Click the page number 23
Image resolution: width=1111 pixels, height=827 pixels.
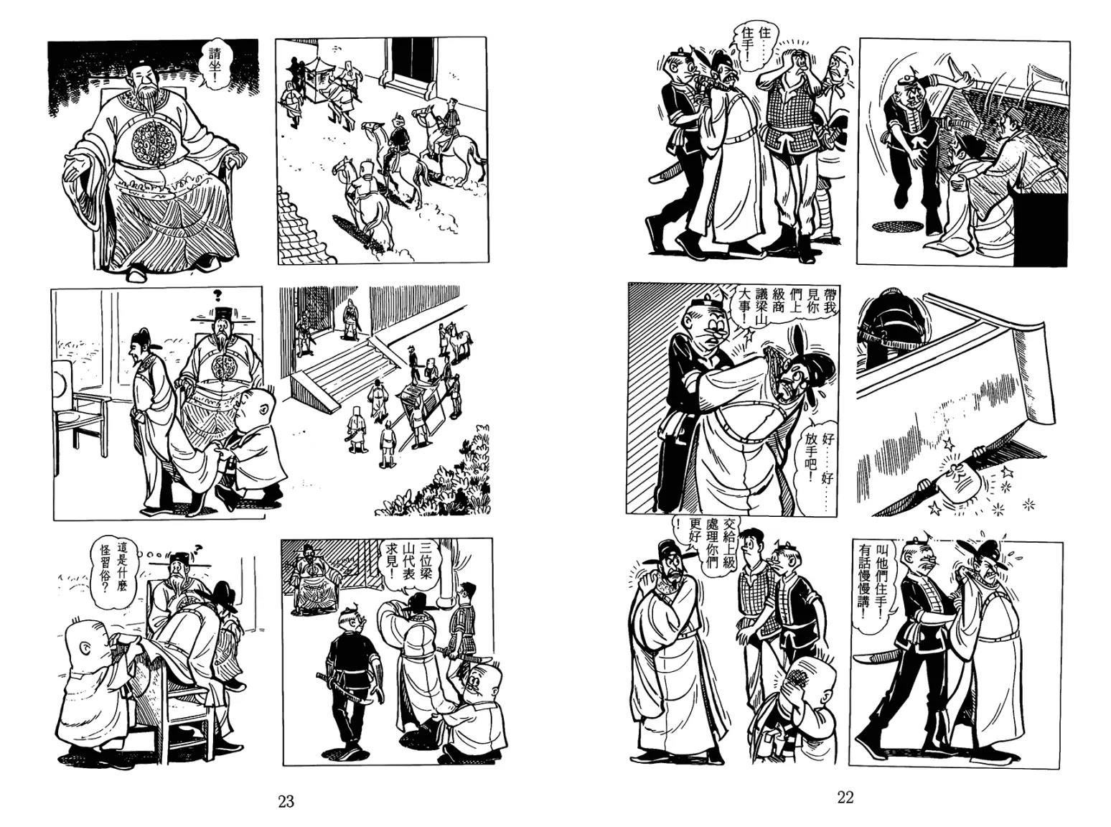286,801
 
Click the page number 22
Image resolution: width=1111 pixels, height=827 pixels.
845,798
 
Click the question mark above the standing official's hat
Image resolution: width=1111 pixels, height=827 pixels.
217,295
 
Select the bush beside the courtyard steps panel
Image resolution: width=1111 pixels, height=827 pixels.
436,480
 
